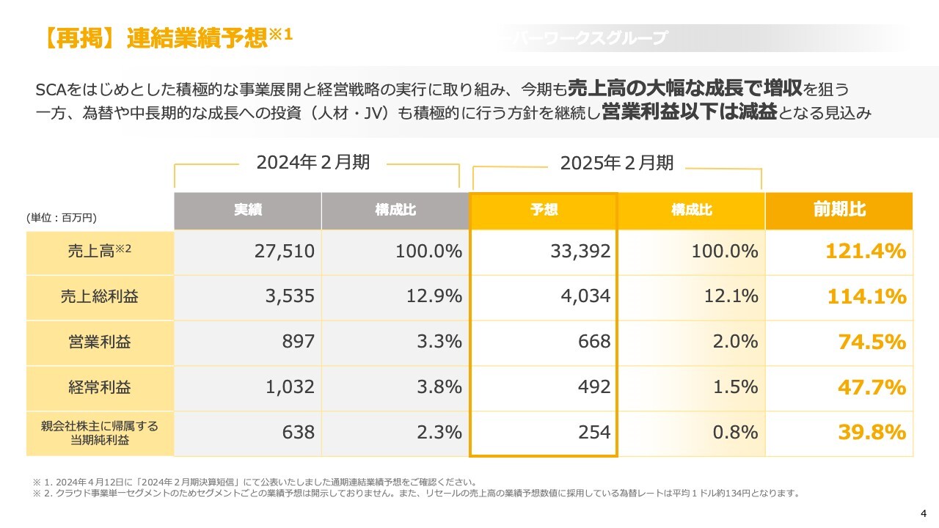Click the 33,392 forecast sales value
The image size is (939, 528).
[x=580, y=252]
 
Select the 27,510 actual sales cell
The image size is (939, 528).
[x=285, y=252]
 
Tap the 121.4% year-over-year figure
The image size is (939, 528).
[x=866, y=252]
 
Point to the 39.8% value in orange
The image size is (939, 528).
[x=872, y=433]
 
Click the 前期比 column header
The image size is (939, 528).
[x=839, y=210]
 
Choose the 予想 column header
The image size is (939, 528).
[x=544, y=210]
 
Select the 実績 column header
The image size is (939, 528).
[x=248, y=210]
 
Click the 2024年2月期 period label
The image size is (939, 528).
[x=313, y=163]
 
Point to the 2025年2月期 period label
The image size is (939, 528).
[x=617, y=163]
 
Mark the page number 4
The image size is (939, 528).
[x=924, y=512]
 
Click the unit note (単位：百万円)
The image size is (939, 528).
[x=62, y=218]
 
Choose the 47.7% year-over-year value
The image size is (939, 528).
[x=872, y=387]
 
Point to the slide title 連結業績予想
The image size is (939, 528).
[x=197, y=37]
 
